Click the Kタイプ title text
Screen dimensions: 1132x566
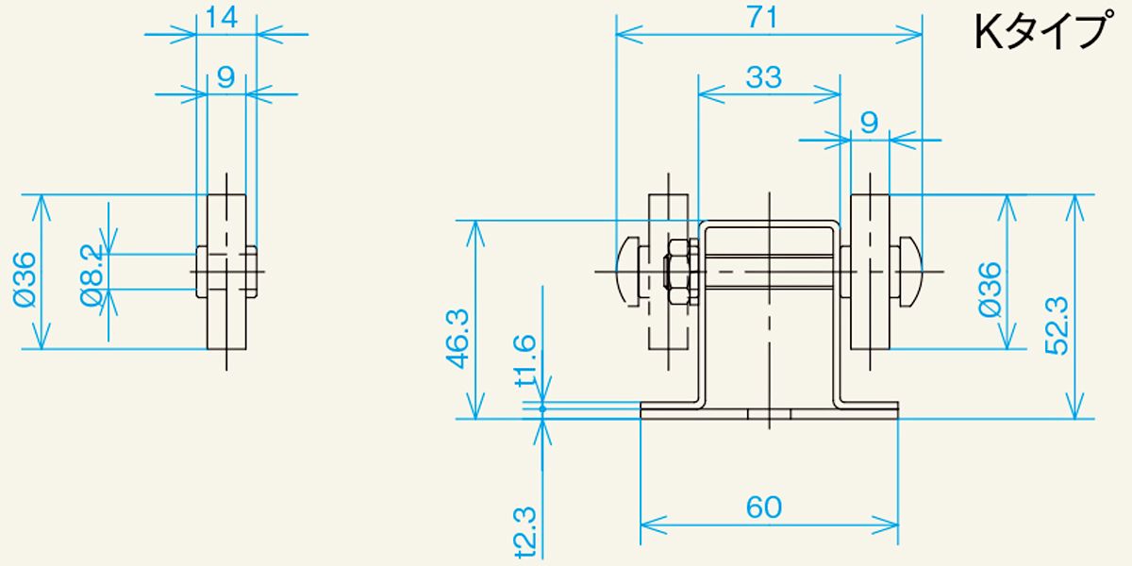1043,31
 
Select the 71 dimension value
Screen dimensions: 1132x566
762,18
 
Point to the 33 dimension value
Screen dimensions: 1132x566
763,77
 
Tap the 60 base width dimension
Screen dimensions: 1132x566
763,507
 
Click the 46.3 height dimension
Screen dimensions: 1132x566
458,339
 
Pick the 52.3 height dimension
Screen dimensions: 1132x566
1057,326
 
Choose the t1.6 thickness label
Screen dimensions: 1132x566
524,359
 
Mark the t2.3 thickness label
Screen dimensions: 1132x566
524,531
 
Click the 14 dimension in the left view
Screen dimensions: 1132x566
222,18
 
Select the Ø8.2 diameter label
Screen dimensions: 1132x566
92,275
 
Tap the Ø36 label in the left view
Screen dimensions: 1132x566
25,279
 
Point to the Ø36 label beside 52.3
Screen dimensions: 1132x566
990,290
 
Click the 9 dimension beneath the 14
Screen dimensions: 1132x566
225,77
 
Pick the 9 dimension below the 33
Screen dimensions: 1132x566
869,123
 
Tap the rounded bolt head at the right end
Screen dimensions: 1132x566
911,272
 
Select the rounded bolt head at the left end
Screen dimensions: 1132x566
627,272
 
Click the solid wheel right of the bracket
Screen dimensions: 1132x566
870,272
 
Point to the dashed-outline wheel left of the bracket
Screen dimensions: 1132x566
668,272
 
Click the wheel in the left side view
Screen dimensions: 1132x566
227,272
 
